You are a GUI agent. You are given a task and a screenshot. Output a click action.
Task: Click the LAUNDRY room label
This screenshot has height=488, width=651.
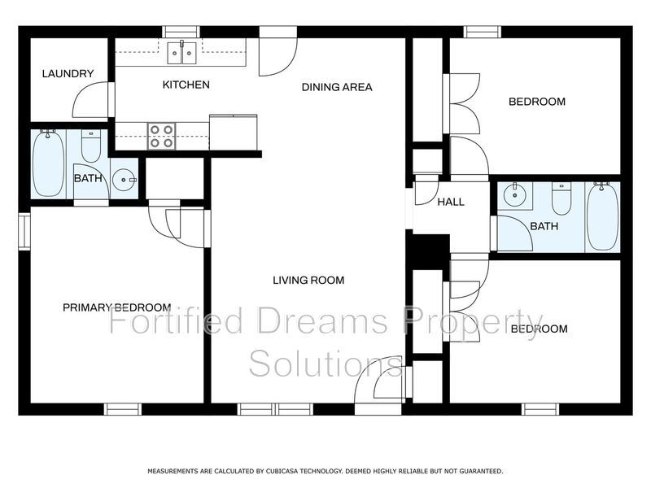click(68, 74)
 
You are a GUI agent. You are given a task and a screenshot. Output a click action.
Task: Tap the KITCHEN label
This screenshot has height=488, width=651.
click(186, 85)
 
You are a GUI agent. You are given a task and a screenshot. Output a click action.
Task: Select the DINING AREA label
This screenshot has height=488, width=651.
click(337, 87)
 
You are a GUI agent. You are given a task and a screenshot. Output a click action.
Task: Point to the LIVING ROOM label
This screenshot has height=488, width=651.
click(308, 280)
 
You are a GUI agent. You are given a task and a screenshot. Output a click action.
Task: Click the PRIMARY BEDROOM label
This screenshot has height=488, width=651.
click(116, 307)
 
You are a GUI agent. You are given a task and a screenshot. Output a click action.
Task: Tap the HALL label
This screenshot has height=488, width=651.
click(451, 202)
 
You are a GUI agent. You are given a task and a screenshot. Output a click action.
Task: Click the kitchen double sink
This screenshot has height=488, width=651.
click(181, 53)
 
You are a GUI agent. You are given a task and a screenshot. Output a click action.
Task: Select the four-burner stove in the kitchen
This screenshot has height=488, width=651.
click(161, 136)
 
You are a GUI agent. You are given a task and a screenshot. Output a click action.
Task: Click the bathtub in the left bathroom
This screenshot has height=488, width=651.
click(49, 163)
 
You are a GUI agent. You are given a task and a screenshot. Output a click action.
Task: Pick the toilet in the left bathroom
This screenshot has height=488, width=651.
click(91, 146)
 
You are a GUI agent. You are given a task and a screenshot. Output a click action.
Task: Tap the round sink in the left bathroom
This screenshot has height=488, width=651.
click(124, 180)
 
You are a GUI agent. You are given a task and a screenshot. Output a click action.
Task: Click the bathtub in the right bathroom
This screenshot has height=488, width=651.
click(602, 216)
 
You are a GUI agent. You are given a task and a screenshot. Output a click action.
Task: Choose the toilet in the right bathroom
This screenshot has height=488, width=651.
click(561, 198)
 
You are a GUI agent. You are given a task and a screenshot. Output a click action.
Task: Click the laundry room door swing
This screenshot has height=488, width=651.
click(90, 99)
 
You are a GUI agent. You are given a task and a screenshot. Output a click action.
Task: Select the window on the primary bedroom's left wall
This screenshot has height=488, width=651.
click(24, 232)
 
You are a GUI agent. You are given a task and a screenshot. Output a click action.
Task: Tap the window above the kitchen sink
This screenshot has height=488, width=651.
click(181, 32)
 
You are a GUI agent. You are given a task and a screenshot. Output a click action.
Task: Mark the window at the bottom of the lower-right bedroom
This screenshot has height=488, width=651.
click(540, 409)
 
